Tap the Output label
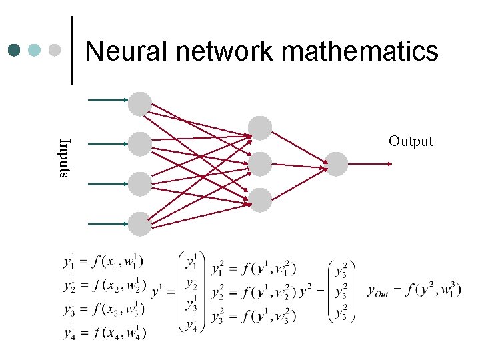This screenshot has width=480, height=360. point(411,141)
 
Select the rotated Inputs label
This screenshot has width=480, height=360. point(63,157)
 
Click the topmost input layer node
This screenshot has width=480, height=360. point(140,103)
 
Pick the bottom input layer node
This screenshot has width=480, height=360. point(140,224)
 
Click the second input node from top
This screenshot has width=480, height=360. point(140,143)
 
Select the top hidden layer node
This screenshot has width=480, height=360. point(259,128)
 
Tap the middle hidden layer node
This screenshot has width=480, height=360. point(259,164)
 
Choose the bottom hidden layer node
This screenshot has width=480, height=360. point(259,200)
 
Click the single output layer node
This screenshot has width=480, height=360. point(336,164)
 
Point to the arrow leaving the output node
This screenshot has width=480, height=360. point(373,163)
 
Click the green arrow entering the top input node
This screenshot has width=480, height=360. point(107,100)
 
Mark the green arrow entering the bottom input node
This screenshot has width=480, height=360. point(107,223)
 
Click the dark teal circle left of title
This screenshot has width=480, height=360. point(15,50)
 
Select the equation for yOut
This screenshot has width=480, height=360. point(413,290)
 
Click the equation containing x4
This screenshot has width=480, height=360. point(105,331)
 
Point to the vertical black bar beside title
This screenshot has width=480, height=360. point(71,50)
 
